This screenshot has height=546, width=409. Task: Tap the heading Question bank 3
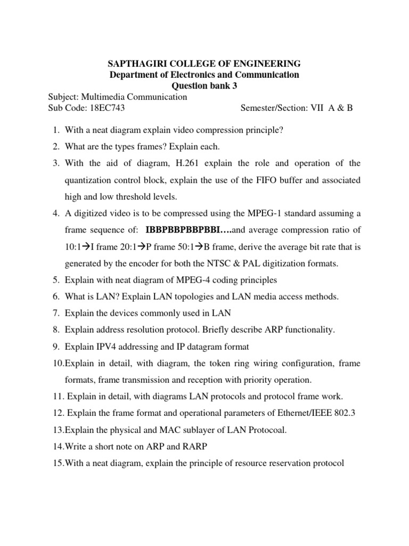[x=204, y=86]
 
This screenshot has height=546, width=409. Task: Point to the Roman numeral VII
[x=325, y=108]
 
